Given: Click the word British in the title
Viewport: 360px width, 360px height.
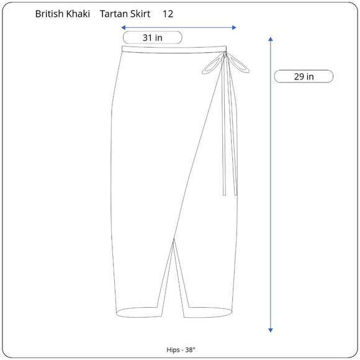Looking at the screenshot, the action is tap(50, 14).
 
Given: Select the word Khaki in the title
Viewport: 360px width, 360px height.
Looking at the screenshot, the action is tap(78, 14).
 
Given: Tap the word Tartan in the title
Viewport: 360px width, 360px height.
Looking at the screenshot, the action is tap(111, 14).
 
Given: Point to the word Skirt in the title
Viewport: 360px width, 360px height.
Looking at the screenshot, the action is tap(138, 14).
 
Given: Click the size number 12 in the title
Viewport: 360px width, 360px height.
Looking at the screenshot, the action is tap(168, 14).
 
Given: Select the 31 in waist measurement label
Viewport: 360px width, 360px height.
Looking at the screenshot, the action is tap(153, 38).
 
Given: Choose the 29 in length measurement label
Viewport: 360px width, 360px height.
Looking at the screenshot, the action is tap(304, 76).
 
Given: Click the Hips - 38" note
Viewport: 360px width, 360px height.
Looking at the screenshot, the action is tap(181, 349).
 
